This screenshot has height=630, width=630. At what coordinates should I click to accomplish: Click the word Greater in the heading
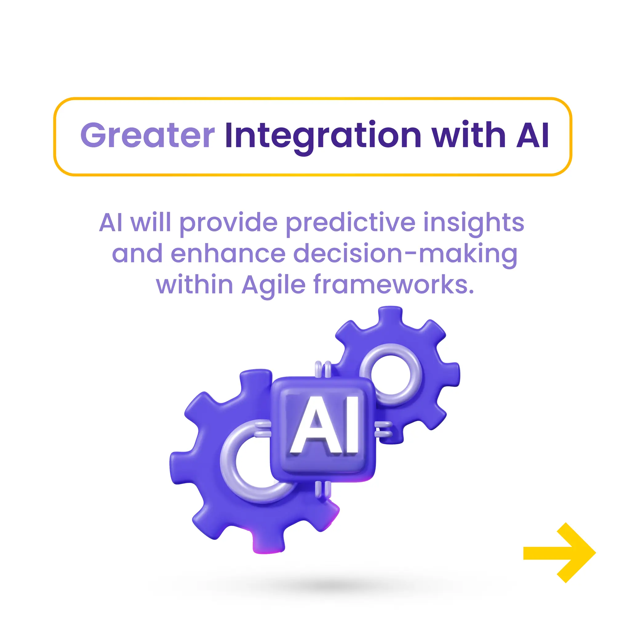click(x=147, y=135)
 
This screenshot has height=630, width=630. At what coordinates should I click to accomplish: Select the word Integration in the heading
click(x=323, y=135)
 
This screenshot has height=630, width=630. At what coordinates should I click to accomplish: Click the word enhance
click(x=228, y=254)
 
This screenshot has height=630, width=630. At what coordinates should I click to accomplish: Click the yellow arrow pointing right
click(x=559, y=552)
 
